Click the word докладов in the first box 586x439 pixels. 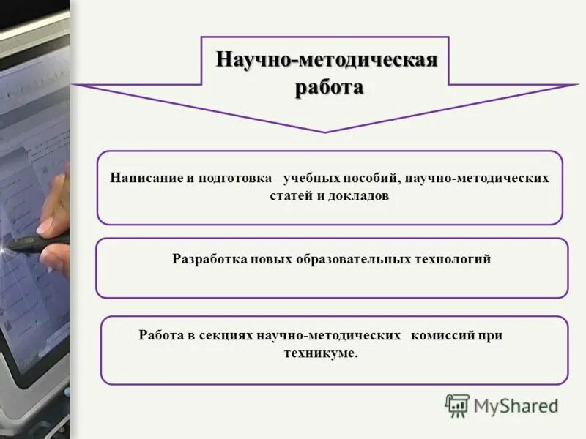pyautogui.click(x=360, y=197)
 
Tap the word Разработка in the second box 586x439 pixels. pyautogui.click(x=208, y=259)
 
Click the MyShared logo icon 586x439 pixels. pyautogui.click(x=457, y=405)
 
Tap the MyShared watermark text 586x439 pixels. pyautogui.click(x=516, y=405)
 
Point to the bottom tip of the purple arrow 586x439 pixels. pyautogui.click(x=326, y=132)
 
